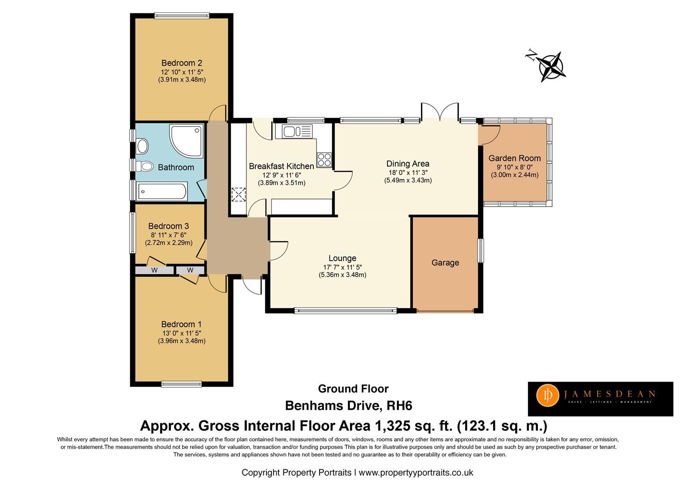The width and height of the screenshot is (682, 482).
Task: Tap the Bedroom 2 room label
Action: click(182, 63)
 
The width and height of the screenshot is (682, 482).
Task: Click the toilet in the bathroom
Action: click(145, 166)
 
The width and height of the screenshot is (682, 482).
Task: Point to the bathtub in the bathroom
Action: click(162, 192)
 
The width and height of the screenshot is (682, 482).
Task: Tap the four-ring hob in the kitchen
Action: click(324, 159)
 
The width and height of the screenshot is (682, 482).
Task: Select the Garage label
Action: click(445, 263)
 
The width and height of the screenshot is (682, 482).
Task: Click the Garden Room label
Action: click(514, 158)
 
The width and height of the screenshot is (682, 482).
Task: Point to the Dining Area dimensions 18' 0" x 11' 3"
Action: click(408, 172)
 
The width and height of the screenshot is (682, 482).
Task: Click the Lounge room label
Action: click(342, 258)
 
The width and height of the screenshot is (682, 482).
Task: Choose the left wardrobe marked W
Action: click(154, 270)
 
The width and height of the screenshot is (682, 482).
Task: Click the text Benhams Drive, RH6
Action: click(348, 406)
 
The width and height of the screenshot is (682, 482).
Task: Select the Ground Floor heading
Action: click(353, 389)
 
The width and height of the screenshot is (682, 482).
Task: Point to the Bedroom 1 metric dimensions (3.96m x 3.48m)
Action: click(182, 341)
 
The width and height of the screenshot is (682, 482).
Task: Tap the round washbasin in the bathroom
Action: click(142, 145)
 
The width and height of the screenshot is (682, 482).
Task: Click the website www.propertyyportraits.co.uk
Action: click(416, 472)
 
